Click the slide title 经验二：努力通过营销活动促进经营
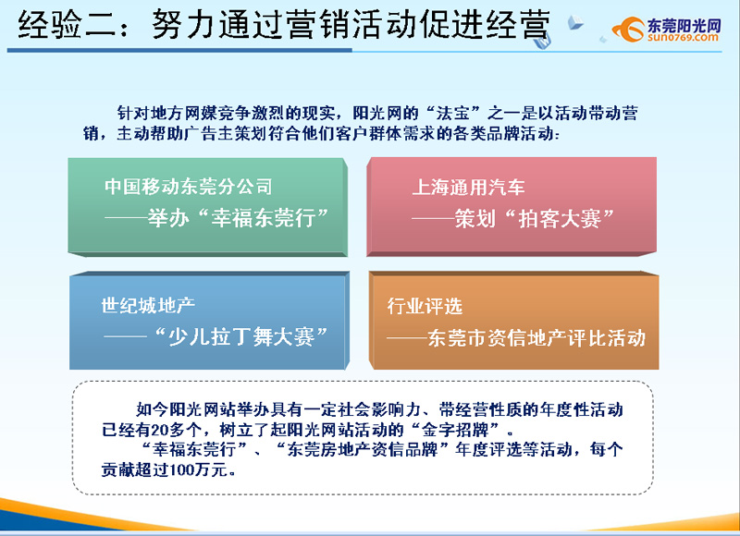pos(284,25)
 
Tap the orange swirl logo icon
pos(629,30)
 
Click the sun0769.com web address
pos(683,37)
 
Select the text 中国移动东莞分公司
pos(189,186)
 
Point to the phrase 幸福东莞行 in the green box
pos(264,218)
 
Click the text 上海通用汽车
pos(468,188)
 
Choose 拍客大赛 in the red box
pos(560,219)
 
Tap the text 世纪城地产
pos(148,306)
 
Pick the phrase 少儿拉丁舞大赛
pos(241,337)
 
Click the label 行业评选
pos(425,306)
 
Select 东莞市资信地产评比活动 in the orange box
pos(536,338)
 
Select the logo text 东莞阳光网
pos(684,26)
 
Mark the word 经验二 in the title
pos(67,25)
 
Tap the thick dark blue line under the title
pos(179,50)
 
